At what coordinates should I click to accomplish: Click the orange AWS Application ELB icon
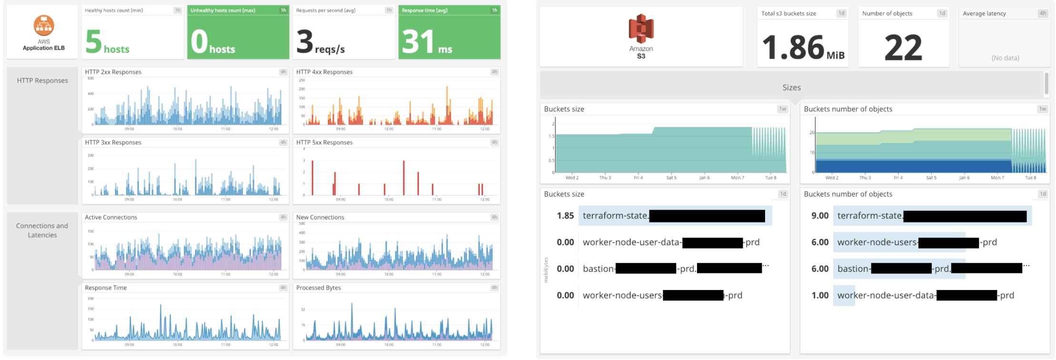(44, 26)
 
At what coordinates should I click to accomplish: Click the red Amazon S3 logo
(641, 29)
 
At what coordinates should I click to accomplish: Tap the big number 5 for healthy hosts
(94, 42)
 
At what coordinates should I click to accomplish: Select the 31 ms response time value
(418, 42)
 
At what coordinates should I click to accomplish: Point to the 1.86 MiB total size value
(793, 48)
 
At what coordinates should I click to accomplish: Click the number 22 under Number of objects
(903, 48)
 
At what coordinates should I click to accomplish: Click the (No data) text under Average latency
(1005, 58)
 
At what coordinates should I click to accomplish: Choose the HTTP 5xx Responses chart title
(324, 142)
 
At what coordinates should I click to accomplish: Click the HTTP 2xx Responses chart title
(113, 72)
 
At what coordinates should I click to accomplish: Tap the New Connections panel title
(320, 217)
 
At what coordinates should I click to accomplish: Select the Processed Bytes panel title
(319, 288)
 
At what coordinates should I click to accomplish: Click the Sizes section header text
(791, 88)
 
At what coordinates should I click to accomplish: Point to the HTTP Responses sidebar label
(42, 80)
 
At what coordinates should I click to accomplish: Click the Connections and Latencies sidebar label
(42, 230)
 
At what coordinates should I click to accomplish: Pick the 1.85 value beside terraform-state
(565, 216)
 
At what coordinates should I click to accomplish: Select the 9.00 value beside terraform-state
(820, 216)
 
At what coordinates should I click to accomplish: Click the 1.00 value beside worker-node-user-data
(820, 295)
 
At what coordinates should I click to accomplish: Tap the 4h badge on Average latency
(1043, 13)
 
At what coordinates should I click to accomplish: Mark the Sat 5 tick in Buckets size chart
(671, 178)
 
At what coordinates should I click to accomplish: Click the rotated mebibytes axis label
(546, 270)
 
